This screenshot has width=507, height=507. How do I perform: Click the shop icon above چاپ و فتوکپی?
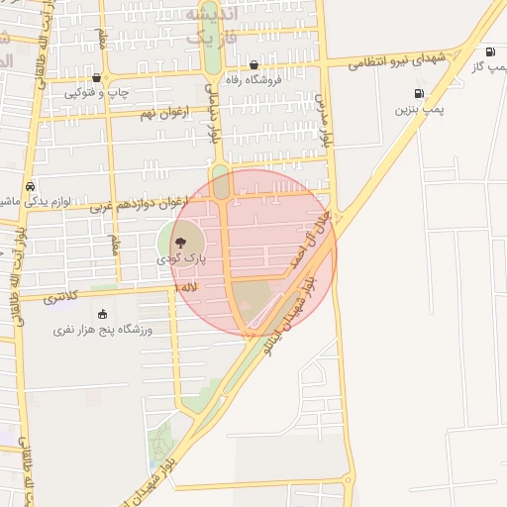pos(96,77)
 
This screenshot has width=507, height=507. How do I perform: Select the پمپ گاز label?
pos(489,65)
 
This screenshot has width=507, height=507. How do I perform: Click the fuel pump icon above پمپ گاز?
pos(489,51)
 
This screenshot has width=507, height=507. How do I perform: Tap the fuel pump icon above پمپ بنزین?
pos(419,94)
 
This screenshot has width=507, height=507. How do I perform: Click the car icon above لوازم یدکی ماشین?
pos(31,186)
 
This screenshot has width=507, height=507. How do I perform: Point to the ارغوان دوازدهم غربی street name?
pos(138,204)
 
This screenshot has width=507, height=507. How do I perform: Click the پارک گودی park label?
pos(179,256)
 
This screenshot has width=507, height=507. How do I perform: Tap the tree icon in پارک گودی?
pos(180,241)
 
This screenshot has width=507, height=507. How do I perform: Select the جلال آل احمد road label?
pos(302,246)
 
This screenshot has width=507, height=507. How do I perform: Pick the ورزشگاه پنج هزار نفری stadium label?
pos(103,329)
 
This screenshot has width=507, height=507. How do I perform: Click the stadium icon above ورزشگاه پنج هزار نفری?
pos(103,314)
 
